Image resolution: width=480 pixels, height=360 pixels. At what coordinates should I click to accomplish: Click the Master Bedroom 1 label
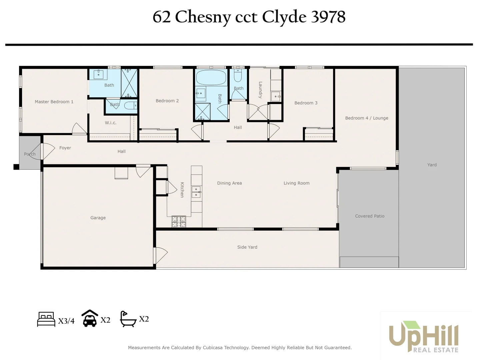[54, 102]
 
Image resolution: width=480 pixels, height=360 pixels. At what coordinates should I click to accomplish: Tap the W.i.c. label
[110, 123]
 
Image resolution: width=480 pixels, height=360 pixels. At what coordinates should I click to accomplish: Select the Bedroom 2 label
[167, 101]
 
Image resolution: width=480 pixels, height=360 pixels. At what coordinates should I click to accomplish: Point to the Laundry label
[260, 90]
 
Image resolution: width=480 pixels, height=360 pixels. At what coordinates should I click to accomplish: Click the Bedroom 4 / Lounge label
[367, 118]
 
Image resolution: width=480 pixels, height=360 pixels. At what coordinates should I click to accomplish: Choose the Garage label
[98, 218]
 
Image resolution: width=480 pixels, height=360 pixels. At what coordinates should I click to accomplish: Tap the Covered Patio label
[370, 216]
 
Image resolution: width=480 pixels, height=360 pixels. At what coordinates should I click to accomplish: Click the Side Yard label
[247, 247]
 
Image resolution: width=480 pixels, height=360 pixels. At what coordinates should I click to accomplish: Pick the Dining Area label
[229, 183]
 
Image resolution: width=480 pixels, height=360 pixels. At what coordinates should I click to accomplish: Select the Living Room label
[296, 183]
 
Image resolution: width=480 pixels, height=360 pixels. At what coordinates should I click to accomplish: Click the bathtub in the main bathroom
[211, 77]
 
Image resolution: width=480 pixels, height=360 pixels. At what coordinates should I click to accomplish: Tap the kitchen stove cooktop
[179, 221]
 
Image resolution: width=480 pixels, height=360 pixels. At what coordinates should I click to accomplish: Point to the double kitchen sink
[196, 192]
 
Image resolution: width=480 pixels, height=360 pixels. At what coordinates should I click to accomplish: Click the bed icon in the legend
[46, 319]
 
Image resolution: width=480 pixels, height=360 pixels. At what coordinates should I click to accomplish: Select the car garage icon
[90, 318]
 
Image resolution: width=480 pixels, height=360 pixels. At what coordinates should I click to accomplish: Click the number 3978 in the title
[328, 17]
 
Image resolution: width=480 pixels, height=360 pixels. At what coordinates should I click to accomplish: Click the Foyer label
[65, 148]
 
